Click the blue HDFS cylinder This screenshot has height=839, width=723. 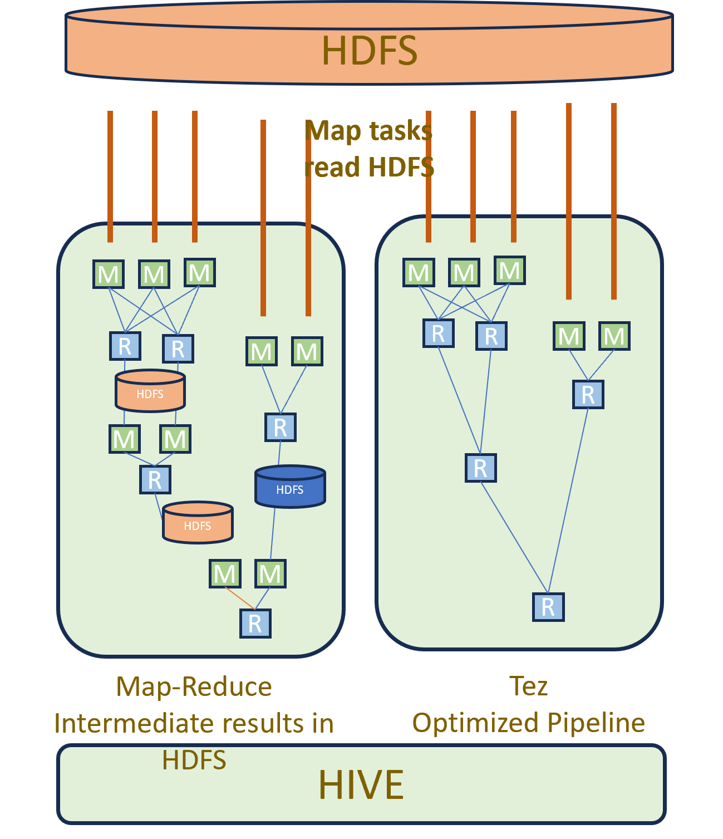click(290, 487)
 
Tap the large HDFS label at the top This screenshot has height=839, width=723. click(369, 50)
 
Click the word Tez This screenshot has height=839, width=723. click(528, 686)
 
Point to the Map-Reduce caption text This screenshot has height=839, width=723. click(194, 686)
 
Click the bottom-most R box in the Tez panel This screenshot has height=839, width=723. click(548, 607)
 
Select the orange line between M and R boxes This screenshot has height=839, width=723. click(240, 598)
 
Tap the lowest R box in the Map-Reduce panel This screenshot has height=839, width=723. click(255, 623)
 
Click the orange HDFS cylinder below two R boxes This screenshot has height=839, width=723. click(150, 391)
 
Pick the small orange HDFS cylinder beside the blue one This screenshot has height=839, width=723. click(198, 523)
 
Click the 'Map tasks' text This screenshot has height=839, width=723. click(369, 131)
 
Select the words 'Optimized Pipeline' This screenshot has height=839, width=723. click(528, 723)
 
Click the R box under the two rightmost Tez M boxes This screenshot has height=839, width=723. click(588, 394)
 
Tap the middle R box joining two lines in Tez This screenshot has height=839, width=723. click(480, 468)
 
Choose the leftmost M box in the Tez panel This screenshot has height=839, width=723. click(419, 272)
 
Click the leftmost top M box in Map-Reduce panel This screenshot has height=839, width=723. click(108, 273)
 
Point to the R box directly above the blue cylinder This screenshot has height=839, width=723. click(280, 427)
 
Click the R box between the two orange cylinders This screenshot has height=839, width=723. click(155, 479)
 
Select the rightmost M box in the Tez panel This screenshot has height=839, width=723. click(614, 336)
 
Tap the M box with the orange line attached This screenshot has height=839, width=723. click(225, 573)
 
